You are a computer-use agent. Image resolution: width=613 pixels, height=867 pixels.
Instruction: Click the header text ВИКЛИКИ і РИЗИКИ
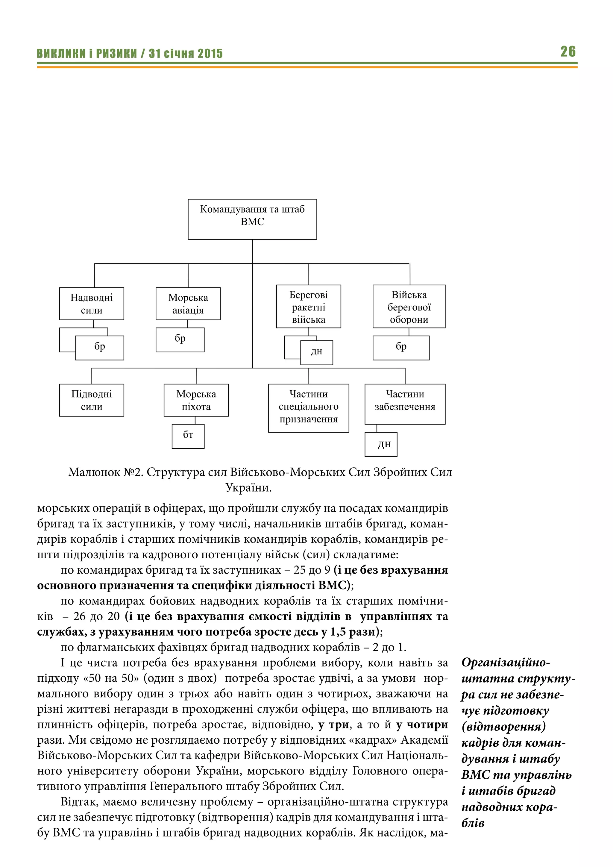[87, 54]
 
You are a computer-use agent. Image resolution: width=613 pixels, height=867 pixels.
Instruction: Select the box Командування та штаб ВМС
[252, 219]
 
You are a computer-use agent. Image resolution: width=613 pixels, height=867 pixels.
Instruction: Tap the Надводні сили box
[91, 304]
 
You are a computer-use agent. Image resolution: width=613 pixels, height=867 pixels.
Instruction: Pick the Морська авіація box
[188, 304]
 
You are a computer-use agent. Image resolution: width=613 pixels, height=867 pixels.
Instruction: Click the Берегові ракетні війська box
[308, 307]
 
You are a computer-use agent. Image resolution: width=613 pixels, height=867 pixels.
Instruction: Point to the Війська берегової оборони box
[409, 307]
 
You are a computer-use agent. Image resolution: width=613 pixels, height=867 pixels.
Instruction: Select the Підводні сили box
[91, 400]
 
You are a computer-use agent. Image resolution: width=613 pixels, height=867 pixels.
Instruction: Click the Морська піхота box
[196, 400]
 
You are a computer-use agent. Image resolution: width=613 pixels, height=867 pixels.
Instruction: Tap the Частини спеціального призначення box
[308, 408]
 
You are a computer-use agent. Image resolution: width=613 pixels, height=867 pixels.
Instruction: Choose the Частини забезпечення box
[405, 404]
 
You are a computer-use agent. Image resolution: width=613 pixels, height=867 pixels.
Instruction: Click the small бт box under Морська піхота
[188, 436]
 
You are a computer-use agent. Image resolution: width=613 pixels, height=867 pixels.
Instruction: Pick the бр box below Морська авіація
[180, 339]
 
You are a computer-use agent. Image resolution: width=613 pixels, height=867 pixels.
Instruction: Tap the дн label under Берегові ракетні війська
[317, 352]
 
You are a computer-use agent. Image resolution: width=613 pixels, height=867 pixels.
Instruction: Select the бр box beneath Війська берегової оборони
[401, 347]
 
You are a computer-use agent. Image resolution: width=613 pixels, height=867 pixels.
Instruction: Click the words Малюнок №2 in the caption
[105, 472]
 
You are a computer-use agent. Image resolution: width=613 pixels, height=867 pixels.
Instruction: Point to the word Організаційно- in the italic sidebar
[506, 662]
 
